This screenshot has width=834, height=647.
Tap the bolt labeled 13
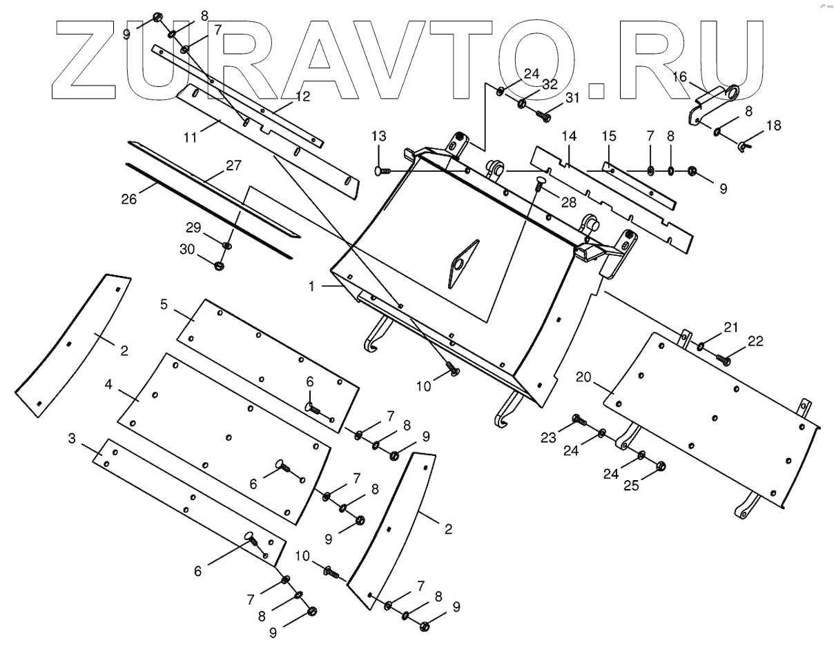point(382,170)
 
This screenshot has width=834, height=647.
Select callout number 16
point(680,77)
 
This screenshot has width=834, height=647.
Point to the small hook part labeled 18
point(744,146)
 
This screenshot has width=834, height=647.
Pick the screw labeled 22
point(725,359)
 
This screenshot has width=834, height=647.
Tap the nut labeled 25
point(660,466)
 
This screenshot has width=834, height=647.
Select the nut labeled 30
point(220,265)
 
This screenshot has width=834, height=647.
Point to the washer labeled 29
point(227,246)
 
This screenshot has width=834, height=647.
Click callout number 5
point(164,305)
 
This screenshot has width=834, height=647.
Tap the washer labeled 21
point(700,346)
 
